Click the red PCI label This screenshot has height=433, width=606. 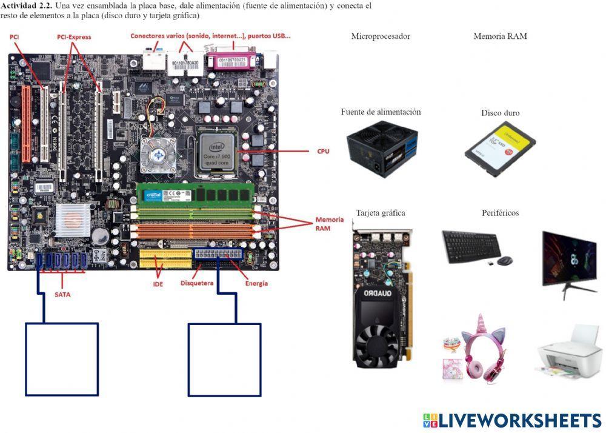(x=14, y=37)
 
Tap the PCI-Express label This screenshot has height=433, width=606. (x=74, y=37)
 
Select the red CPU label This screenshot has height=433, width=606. (x=323, y=151)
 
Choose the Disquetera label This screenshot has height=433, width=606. (x=198, y=283)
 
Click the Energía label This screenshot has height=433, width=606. (x=256, y=283)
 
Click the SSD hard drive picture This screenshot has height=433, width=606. (x=498, y=149)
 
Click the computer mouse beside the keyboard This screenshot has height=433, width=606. (x=504, y=261)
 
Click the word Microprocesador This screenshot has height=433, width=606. (x=381, y=36)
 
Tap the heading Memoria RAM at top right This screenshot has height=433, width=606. (x=500, y=36)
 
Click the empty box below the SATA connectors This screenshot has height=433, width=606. (x=62, y=359)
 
